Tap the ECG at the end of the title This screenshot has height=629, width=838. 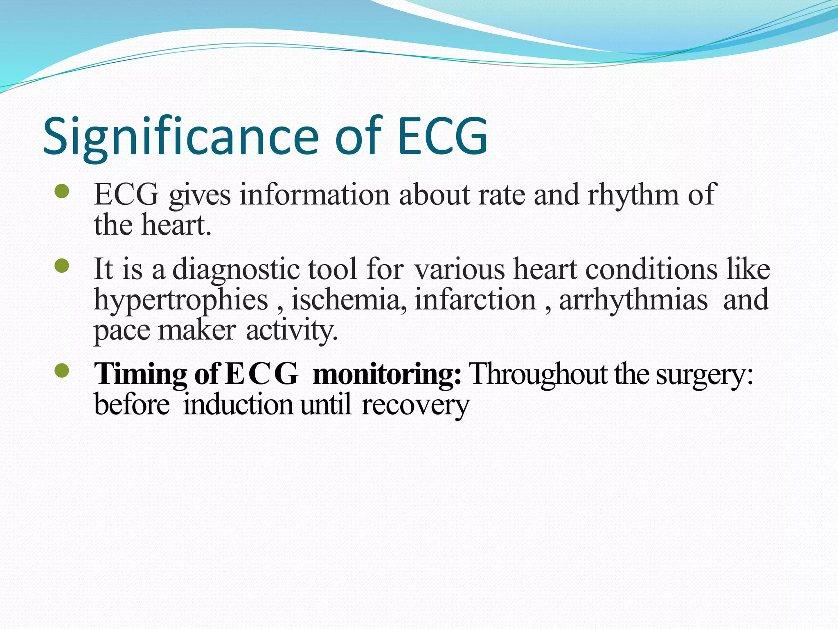click(443, 136)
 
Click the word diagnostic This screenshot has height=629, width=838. click(236, 269)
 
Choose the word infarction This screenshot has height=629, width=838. click(475, 300)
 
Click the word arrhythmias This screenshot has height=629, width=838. click(633, 300)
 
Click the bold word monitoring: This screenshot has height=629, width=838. click(387, 374)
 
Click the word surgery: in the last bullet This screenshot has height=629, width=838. click(704, 374)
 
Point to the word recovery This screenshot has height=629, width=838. click(415, 405)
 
